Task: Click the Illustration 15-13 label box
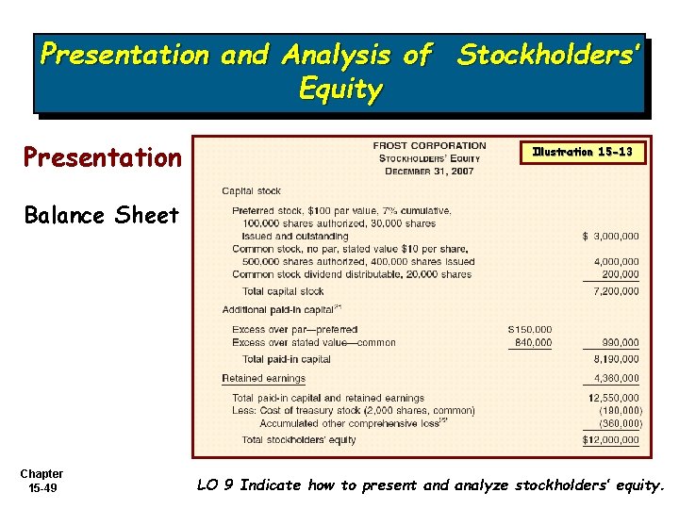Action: [582, 152]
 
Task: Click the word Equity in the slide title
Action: [339, 90]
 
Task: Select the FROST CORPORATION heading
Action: [429, 146]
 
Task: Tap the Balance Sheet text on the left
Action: [101, 215]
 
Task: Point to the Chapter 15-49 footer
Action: [41, 481]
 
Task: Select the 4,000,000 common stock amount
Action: [616, 261]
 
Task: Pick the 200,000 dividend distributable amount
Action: [621, 274]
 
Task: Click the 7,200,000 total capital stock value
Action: [616, 291]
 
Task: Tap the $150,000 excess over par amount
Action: [529, 329]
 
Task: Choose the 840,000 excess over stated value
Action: [532, 342]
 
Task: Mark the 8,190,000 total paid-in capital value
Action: [616, 359]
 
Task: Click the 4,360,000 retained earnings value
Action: [616, 378]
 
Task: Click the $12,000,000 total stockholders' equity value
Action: [610, 440]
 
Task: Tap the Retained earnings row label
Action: [264, 378]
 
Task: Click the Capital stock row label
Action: [251, 191]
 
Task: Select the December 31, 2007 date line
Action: [429, 171]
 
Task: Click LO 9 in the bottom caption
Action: [216, 485]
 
